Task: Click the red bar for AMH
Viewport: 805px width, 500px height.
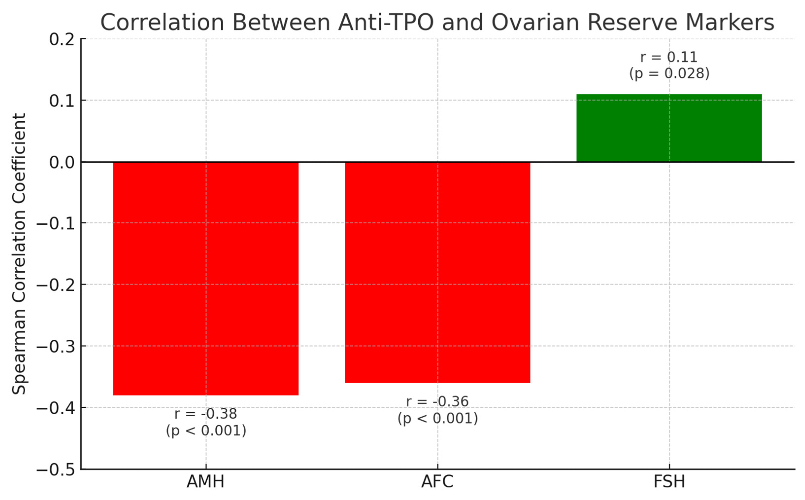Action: pos(206,278)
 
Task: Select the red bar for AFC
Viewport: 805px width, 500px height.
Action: pos(437,272)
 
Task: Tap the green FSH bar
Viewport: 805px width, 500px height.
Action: pos(669,128)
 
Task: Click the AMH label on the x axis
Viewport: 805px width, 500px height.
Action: pos(205,482)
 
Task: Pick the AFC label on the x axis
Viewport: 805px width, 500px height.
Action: pos(437,482)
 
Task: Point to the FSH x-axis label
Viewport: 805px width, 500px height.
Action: pos(669,482)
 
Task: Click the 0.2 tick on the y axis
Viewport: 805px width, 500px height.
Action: pos(62,40)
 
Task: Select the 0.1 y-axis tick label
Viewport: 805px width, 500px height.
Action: pos(62,100)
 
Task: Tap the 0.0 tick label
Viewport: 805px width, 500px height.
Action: pos(62,162)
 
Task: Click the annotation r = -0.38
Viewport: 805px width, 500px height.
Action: pos(206,414)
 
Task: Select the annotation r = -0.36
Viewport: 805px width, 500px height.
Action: pos(437,402)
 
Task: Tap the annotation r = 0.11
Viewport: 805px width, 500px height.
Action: pos(669,57)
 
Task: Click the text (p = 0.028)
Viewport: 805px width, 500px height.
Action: pos(669,73)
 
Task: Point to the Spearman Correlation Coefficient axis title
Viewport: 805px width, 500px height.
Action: pos(19,254)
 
